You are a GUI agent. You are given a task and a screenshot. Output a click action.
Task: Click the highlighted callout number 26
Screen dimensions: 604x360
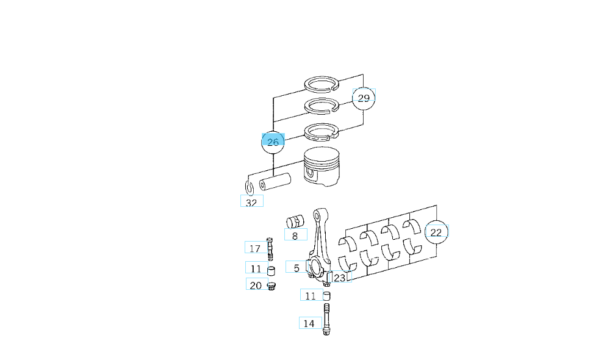coord(273,142)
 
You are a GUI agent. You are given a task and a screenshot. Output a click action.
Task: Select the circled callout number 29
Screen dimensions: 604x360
coord(364,98)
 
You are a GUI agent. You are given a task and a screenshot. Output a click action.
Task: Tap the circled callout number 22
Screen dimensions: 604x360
coord(436,232)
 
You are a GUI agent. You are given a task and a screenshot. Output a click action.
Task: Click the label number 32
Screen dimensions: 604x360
coord(251,203)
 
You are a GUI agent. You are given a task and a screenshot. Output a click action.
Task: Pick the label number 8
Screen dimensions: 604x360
coord(295,236)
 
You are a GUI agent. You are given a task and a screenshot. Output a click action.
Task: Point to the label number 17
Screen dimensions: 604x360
coord(254,248)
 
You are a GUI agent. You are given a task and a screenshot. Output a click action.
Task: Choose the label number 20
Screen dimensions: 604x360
coord(256,286)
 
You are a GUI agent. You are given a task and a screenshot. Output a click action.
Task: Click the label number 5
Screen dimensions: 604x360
coord(297,268)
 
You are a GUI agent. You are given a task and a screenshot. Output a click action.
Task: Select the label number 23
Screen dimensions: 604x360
coord(339,278)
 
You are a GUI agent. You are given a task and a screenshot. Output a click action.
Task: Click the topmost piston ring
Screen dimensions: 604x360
coord(322,84)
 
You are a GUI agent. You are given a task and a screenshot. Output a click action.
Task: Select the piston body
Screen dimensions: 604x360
coord(322,166)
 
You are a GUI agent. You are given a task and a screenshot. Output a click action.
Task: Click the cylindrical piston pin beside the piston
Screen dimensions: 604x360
coord(275,182)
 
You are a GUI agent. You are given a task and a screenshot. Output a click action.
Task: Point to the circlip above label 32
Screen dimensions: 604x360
coord(250,188)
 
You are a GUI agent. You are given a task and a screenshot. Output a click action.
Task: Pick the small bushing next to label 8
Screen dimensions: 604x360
coord(295,221)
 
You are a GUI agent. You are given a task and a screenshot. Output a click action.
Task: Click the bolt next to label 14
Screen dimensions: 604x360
coord(326,319)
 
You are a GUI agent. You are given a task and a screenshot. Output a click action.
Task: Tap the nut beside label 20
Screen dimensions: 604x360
coord(271,286)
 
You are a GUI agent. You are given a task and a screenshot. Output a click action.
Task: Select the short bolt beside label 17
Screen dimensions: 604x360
coord(270,249)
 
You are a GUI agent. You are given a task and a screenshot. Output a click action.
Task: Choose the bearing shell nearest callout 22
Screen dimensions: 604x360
coord(411,226)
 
